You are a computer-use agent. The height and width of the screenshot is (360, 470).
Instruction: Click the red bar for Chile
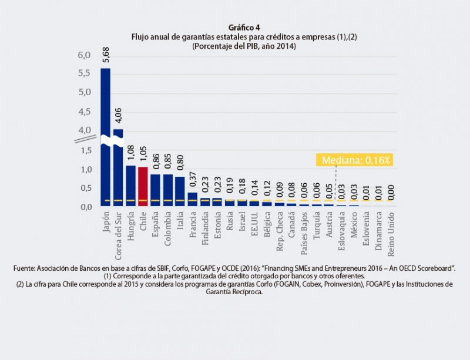[143, 186]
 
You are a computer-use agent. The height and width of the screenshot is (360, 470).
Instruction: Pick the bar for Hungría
[130, 185]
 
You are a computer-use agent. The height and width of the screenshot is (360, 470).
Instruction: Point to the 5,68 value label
[106, 54]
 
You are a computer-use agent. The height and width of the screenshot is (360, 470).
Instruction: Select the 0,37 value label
[193, 179]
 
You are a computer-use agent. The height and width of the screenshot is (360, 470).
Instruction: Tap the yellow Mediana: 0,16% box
[354, 159]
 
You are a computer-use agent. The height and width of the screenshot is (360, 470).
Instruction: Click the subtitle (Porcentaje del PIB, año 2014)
[243, 45]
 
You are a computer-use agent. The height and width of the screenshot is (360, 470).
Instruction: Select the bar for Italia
[180, 191]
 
